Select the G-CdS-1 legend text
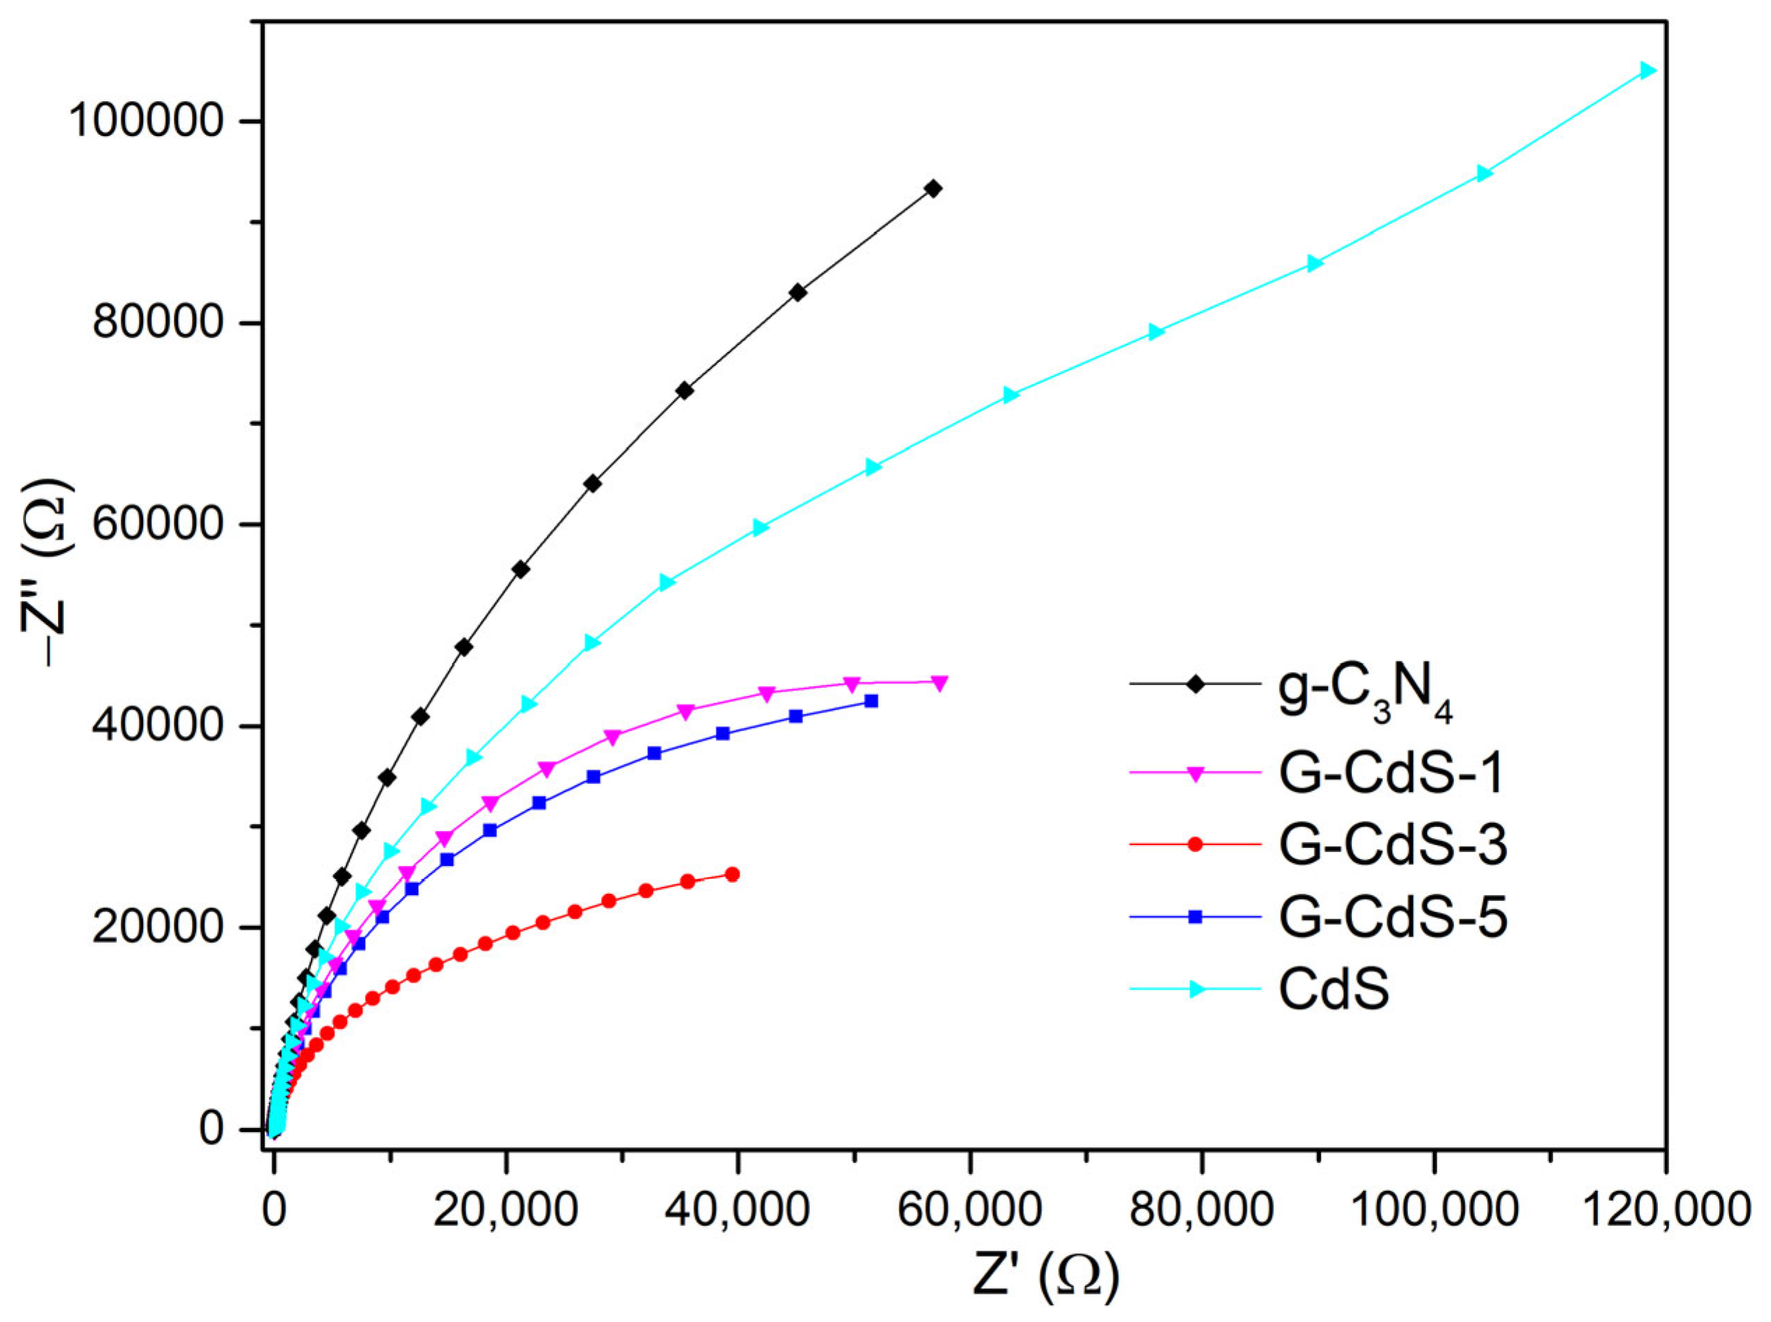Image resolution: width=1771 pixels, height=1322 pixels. [x=1392, y=774]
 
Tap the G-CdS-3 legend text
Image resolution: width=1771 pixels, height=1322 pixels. [x=1393, y=846]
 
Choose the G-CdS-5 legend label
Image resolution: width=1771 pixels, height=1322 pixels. [x=1393, y=918]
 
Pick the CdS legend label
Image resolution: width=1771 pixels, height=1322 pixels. [x=1333, y=990]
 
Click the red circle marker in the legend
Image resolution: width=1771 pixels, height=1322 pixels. [x=1195, y=845]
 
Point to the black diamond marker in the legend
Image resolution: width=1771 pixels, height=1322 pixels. [x=1195, y=684]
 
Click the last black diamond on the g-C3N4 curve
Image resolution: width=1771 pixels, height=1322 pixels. [x=932, y=189]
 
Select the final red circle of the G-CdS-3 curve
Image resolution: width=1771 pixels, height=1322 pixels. [x=731, y=874]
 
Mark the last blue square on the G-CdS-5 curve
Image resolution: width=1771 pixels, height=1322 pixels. [x=872, y=701]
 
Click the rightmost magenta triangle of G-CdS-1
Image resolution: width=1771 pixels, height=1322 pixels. [x=939, y=682]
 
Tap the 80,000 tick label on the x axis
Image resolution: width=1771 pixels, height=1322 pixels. [x=1201, y=1209]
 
